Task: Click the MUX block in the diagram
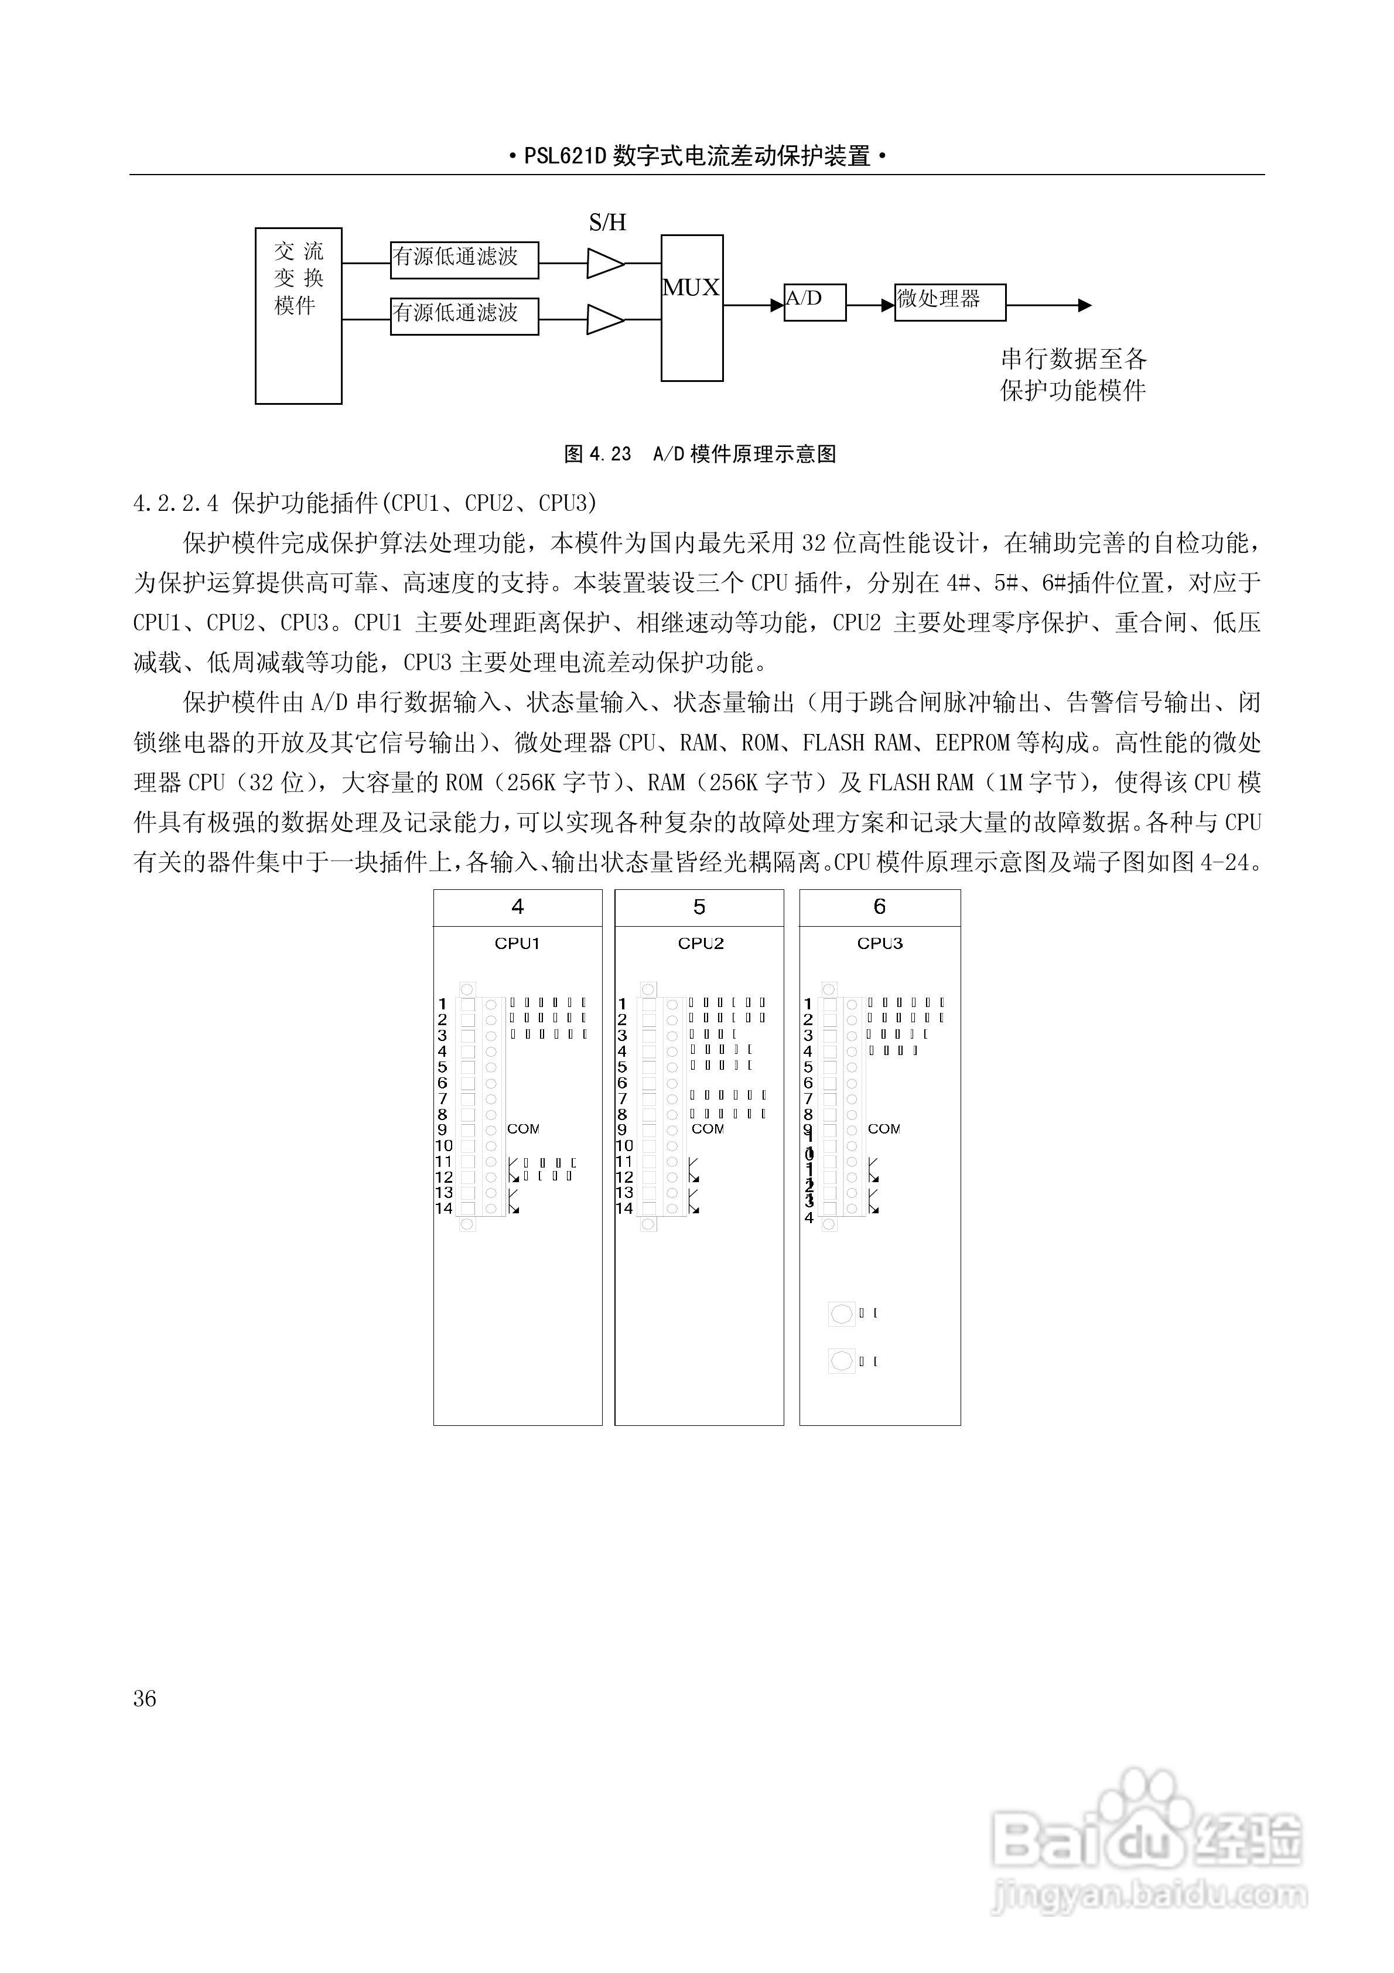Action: [x=691, y=307]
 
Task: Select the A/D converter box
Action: [x=814, y=302]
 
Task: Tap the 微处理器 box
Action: [x=949, y=302]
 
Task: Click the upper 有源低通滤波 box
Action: [x=464, y=260]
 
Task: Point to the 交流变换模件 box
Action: [x=298, y=315]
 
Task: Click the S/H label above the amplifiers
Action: [x=607, y=223]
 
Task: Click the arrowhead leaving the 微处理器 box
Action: [x=1085, y=305]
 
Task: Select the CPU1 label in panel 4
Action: [x=517, y=944]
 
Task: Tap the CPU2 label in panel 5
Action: [x=701, y=944]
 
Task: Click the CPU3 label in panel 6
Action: [x=879, y=944]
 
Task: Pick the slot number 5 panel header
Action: [x=699, y=907]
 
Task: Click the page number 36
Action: [x=145, y=1699]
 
